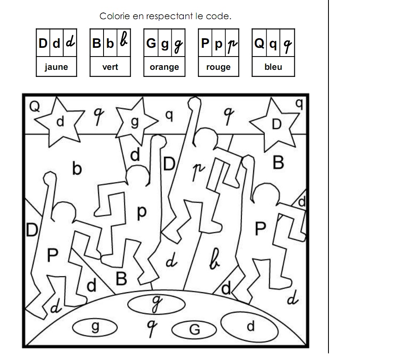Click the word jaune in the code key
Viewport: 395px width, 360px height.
[x=56, y=67]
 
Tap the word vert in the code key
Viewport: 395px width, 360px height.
[x=110, y=67]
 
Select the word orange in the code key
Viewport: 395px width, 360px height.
[x=164, y=67]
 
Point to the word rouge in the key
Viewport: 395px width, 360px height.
[x=218, y=67]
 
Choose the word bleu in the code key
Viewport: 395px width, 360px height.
[x=273, y=67]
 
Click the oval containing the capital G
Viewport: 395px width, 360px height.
[x=194, y=330]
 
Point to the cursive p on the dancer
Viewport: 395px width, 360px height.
[x=199, y=170]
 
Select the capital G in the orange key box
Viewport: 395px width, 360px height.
[x=151, y=43]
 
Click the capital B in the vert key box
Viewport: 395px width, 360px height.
[x=97, y=43]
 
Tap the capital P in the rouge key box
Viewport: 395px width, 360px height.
[x=205, y=43]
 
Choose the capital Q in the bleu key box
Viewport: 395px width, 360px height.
[x=259, y=43]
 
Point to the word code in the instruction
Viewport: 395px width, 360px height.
[x=222, y=16]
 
